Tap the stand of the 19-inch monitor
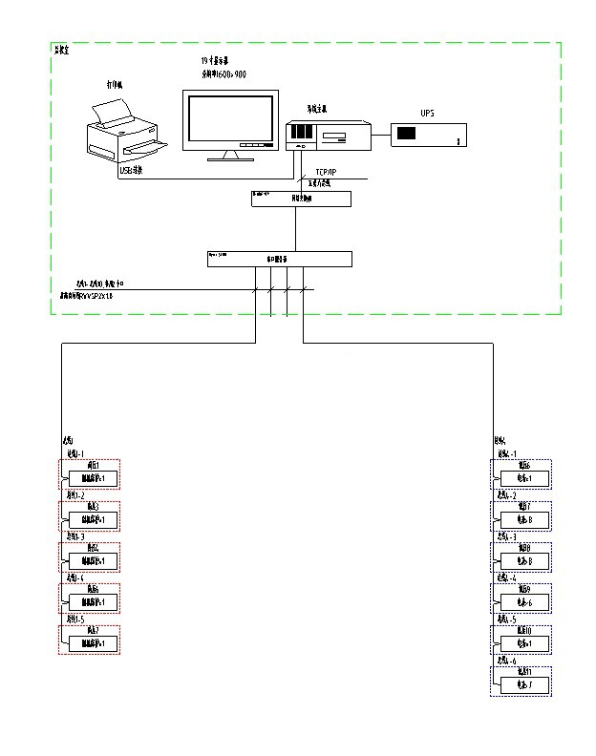(230, 155)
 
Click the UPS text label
(427, 114)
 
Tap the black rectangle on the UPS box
(406, 135)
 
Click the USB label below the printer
(130, 171)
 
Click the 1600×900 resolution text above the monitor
(223, 73)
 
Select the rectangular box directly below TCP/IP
(301, 199)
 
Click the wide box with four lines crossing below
(279, 259)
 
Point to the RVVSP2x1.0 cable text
(95, 297)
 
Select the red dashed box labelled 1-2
(89, 515)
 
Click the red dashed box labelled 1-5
(89, 639)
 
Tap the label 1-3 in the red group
(75, 536)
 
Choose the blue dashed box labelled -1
(521, 473)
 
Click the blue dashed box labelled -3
(521, 556)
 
